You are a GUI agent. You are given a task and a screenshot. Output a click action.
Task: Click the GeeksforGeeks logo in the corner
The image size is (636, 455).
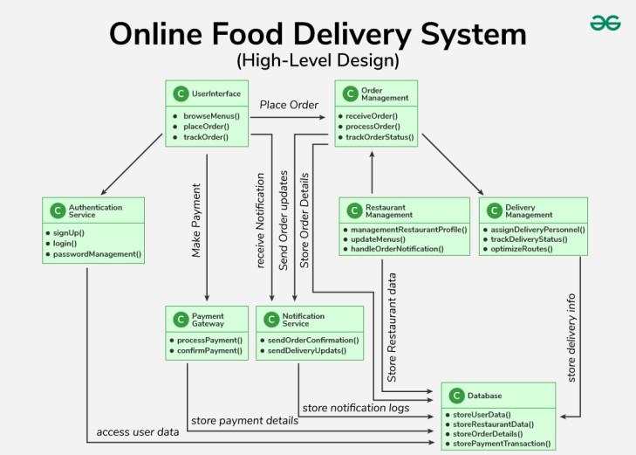point(605,23)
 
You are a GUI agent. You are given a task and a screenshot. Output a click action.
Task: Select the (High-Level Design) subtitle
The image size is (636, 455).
point(318,61)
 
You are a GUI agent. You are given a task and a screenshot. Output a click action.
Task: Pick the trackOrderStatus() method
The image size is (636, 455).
point(380,137)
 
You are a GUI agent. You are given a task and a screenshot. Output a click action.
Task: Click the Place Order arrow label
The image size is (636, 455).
point(289,105)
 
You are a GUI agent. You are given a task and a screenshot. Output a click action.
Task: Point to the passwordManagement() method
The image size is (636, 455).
point(97,254)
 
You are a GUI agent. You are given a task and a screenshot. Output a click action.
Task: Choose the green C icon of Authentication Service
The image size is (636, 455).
point(58,210)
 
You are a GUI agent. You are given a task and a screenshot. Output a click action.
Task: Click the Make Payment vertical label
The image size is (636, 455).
point(197,220)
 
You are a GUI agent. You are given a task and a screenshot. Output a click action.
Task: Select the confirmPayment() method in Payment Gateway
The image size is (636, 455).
point(209,350)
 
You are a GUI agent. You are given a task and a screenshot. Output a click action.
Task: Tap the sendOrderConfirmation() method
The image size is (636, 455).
point(312,339)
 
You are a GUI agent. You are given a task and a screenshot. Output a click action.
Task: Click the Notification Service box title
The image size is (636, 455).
point(303,320)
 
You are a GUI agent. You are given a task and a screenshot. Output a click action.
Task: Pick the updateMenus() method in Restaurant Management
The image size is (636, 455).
point(378,238)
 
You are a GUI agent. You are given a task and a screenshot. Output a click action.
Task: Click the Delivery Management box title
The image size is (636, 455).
point(529,210)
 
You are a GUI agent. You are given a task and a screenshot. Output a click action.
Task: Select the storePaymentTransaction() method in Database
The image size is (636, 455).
point(502,444)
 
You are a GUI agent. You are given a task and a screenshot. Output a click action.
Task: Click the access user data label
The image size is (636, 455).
point(138,431)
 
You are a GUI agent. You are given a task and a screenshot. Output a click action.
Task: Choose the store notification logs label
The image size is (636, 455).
point(355,407)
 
